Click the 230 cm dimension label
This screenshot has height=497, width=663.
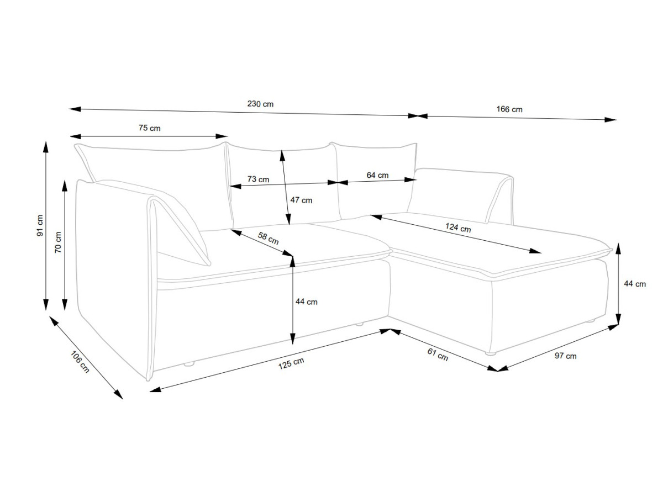(x=260, y=104)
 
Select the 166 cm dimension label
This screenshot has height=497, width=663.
(x=509, y=109)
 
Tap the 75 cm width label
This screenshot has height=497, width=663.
(x=150, y=128)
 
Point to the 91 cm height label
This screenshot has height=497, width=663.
(x=40, y=225)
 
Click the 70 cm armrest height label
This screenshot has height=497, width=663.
(x=58, y=242)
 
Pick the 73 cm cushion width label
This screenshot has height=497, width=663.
(x=258, y=179)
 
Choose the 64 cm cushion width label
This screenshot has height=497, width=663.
(x=377, y=175)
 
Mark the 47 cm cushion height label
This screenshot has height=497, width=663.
(x=301, y=200)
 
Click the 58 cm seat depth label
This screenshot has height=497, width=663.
(x=268, y=239)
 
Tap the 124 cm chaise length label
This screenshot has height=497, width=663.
(x=458, y=228)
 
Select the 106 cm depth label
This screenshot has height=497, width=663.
(x=80, y=362)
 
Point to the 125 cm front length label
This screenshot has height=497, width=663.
(x=291, y=363)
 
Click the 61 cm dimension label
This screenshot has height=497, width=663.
(x=438, y=355)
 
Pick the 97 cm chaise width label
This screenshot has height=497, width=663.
(x=565, y=356)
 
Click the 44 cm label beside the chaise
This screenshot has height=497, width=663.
(x=635, y=284)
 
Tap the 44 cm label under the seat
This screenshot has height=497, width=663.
(x=306, y=302)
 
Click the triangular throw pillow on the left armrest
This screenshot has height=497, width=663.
(x=181, y=231)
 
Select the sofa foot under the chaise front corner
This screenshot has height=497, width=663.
(x=490, y=353)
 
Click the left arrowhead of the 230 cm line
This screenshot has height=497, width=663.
(x=75, y=109)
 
